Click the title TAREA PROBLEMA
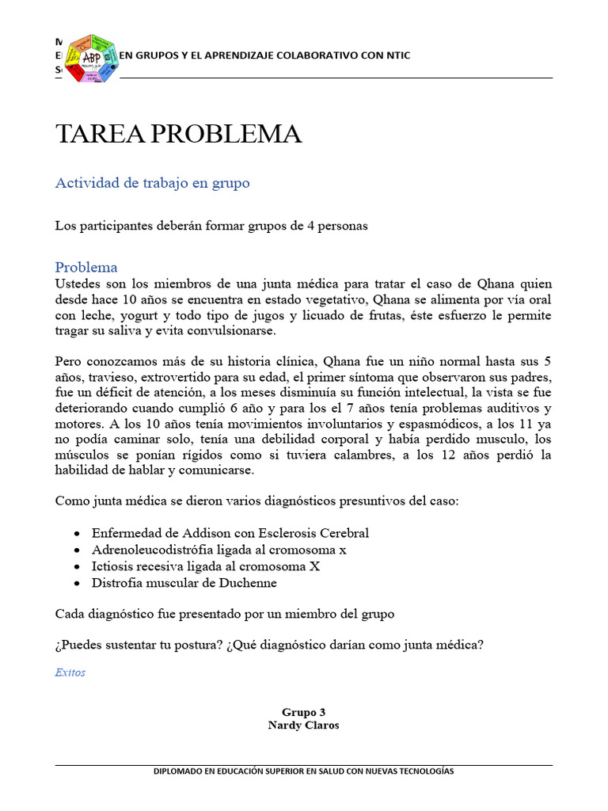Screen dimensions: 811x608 point(178,135)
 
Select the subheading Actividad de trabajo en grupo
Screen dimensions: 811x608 point(152,183)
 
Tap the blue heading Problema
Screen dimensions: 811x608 point(86,267)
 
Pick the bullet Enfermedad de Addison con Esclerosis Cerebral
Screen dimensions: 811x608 point(230,533)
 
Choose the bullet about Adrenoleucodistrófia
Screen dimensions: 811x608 point(218,550)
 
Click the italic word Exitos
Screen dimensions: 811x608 point(70,672)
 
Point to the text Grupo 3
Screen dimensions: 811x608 point(303,712)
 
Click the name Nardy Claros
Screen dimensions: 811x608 point(303,725)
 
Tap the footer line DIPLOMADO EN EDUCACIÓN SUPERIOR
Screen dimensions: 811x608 point(303,771)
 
